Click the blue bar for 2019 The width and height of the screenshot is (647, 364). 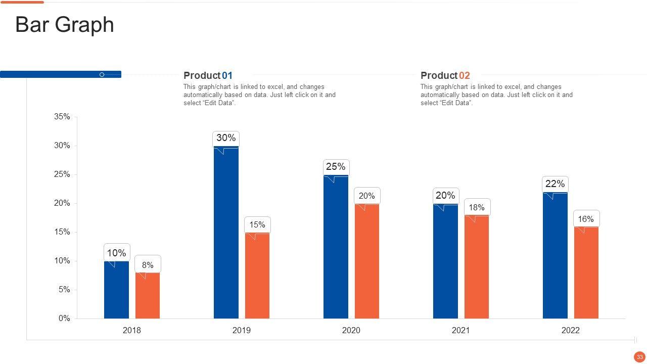(226, 233)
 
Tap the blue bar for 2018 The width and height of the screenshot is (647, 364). (116, 290)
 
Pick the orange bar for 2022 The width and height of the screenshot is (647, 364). (586, 273)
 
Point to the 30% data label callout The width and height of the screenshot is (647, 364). (226, 138)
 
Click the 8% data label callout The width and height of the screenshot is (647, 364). (148, 265)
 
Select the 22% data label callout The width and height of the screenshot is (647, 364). (555, 184)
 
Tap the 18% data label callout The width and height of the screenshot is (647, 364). (477, 207)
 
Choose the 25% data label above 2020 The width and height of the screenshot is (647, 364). (336, 167)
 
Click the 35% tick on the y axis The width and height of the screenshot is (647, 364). (62, 117)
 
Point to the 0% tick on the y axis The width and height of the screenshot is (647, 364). (64, 318)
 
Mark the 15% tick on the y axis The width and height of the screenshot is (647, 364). (62, 232)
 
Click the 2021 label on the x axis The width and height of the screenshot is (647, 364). (460, 331)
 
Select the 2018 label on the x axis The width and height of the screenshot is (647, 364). (132, 331)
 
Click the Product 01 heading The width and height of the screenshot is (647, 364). (208, 76)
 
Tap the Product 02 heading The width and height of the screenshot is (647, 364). (445, 76)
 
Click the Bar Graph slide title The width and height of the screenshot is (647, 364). (65, 25)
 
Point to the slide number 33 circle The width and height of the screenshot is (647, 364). (639, 357)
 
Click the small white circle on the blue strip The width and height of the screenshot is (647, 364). (102, 75)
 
